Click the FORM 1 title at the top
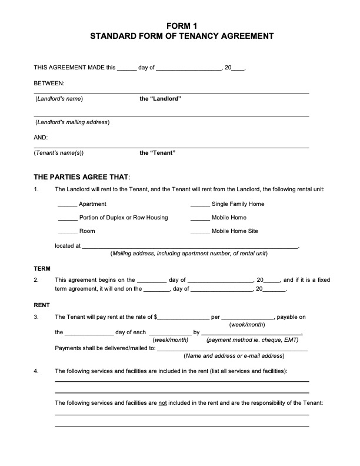click(181, 25)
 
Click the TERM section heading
click(42, 268)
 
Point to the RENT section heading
click(42, 305)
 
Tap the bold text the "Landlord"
click(160, 99)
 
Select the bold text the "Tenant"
click(158, 153)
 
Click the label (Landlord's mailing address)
click(72, 122)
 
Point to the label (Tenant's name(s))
click(59, 153)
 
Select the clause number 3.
click(36, 317)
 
